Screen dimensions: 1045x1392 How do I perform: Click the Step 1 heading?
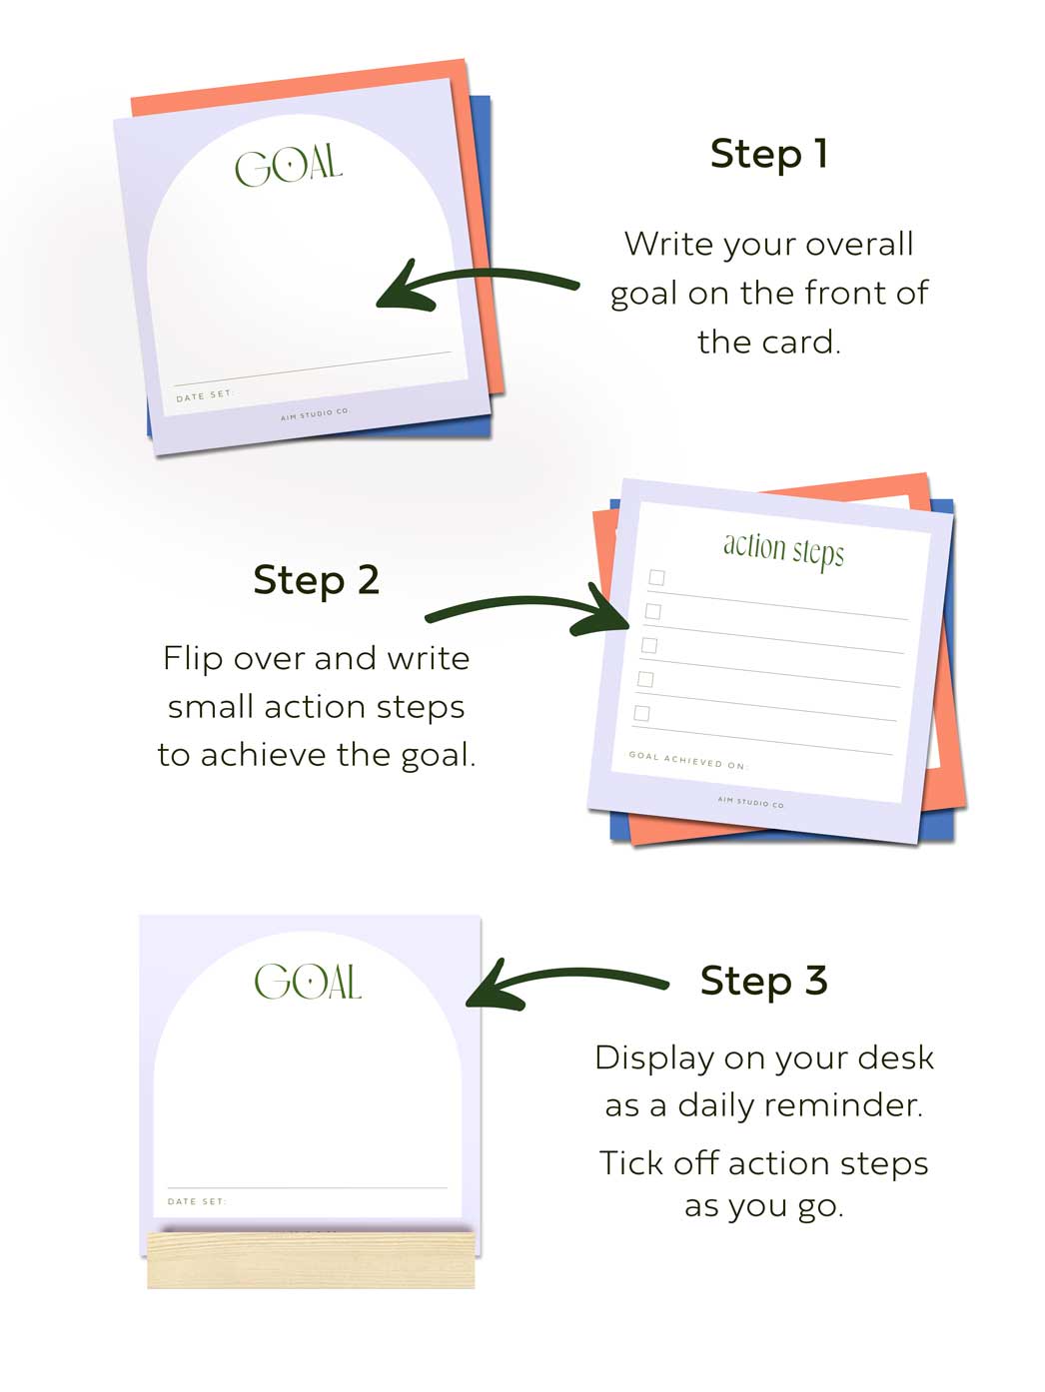(x=768, y=155)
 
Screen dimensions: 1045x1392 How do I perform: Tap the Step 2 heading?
(x=316, y=580)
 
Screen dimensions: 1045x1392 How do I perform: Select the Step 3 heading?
(x=764, y=981)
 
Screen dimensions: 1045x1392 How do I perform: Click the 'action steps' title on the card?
(x=783, y=550)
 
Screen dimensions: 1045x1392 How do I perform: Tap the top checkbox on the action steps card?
(x=656, y=577)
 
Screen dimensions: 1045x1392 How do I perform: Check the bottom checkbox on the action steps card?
(x=641, y=713)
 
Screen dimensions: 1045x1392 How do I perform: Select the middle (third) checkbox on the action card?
(x=649, y=645)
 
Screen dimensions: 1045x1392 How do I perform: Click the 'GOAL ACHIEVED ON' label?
(x=688, y=760)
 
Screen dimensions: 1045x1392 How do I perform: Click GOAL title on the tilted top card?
(x=289, y=166)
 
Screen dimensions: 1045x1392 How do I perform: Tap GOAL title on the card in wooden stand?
(x=308, y=981)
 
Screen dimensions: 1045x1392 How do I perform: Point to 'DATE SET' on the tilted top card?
(x=205, y=395)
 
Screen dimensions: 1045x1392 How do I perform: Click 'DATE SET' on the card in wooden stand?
(x=197, y=1201)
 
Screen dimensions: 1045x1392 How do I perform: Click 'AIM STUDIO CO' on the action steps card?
(x=750, y=802)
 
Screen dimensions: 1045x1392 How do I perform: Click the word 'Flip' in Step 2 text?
(x=192, y=659)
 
